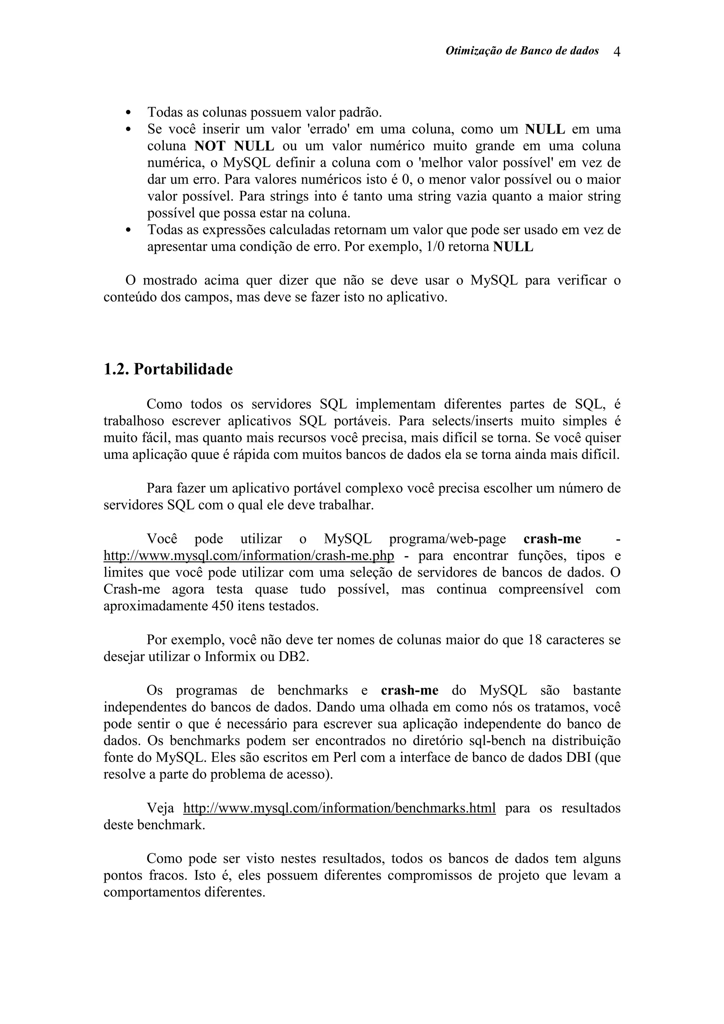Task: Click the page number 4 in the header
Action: coord(617,52)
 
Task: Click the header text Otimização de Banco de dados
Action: coord(522,51)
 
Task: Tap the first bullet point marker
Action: coord(128,112)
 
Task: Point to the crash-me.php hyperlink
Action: coord(249,556)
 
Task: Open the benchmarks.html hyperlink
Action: coord(339,808)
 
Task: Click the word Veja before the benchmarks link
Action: coord(160,808)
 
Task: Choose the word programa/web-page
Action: coord(448,539)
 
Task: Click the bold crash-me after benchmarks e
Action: coord(409,690)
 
